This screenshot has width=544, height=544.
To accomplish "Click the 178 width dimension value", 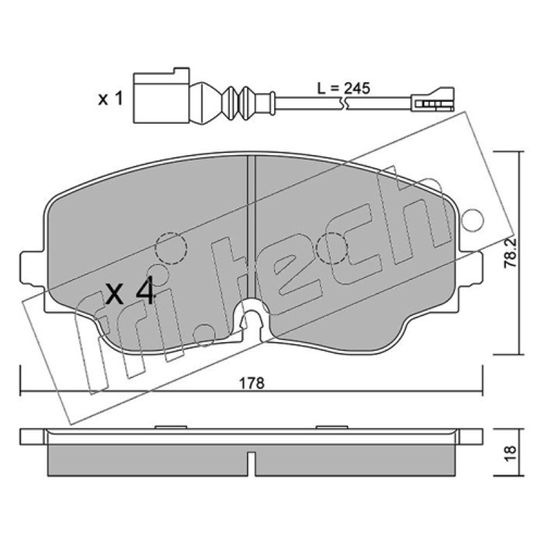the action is click(252, 384).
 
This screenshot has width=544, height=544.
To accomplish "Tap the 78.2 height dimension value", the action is click(510, 253).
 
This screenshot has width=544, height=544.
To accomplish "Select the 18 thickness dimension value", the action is click(510, 453).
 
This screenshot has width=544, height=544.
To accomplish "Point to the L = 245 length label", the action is click(344, 88).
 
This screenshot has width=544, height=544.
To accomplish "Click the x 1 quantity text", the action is click(110, 99).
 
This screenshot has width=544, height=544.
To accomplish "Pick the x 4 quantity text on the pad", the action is click(130, 290).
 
